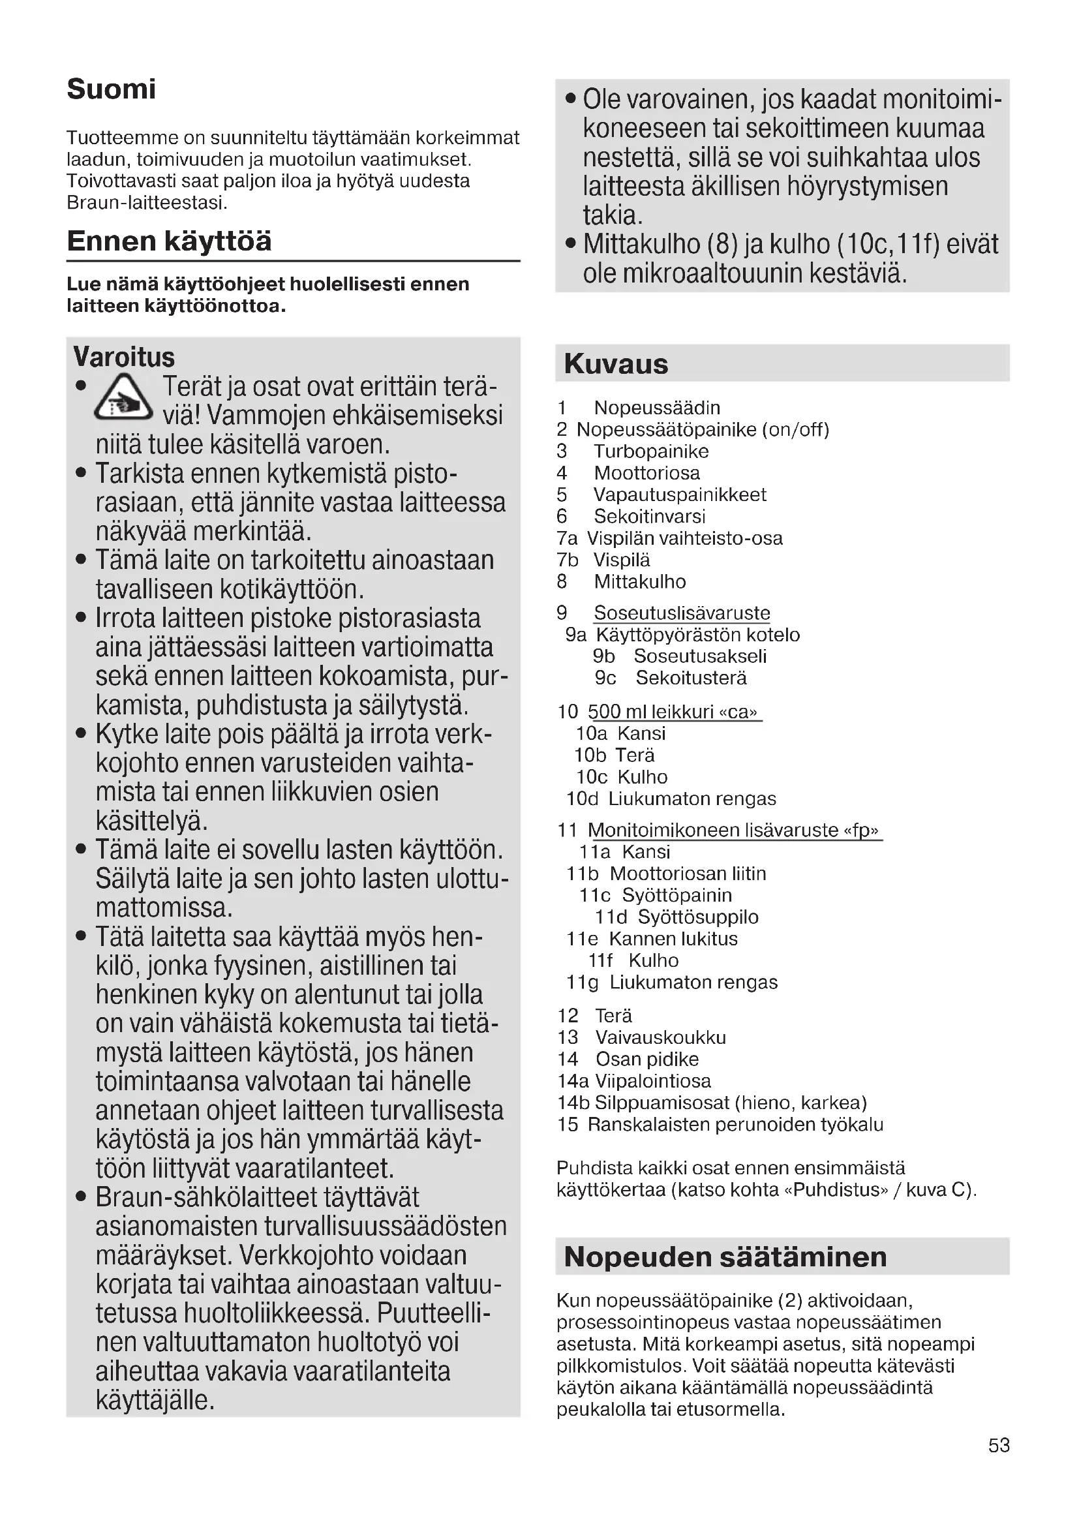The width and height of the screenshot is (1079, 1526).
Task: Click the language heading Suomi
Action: click(x=111, y=89)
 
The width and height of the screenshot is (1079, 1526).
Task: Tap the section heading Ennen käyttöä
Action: click(x=169, y=241)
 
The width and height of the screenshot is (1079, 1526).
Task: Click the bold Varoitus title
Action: click(x=123, y=357)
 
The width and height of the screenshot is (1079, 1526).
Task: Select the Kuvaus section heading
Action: click(x=616, y=363)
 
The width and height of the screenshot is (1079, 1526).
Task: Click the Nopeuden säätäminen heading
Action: click(x=725, y=1256)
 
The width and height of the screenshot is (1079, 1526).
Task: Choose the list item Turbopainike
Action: click(x=650, y=451)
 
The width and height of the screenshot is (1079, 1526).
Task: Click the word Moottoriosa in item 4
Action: click(x=646, y=473)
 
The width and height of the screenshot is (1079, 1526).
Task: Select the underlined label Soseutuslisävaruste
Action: click(x=682, y=613)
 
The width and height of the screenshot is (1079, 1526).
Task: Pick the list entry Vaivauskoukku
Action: click(x=660, y=1037)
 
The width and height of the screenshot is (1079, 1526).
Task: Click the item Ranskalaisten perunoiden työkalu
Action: click(x=735, y=1125)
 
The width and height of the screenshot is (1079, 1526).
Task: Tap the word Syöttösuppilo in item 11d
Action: click(x=697, y=917)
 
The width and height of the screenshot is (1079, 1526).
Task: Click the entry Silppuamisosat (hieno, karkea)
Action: click(x=730, y=1103)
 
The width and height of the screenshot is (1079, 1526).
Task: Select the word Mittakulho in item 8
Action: click(x=640, y=581)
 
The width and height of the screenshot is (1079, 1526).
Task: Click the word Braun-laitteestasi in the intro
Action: click(x=147, y=203)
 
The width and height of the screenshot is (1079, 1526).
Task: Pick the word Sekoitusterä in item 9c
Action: click(x=691, y=678)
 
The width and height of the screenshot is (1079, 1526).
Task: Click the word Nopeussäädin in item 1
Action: click(x=656, y=407)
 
